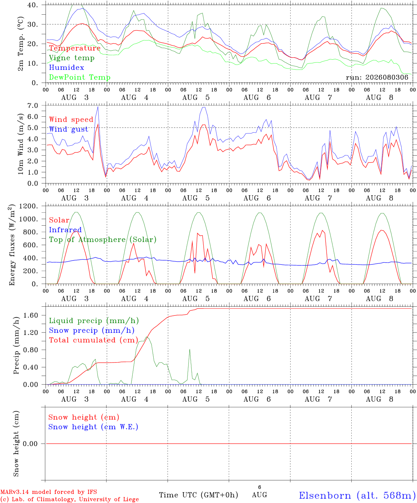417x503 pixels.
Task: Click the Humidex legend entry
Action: coord(66,67)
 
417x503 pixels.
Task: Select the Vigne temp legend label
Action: coord(72,58)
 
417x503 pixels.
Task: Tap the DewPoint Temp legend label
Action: coord(80,77)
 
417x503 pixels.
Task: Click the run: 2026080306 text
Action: coord(377,77)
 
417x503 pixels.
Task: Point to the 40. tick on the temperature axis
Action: coord(32,5)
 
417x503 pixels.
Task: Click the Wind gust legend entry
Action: coord(69,129)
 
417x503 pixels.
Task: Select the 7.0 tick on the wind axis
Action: coord(33,105)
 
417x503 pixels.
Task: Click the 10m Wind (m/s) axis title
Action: coord(21,144)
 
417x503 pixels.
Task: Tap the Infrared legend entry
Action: coord(65,229)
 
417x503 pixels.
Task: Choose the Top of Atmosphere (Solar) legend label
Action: coord(103,240)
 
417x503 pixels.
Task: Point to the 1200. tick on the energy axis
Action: coord(29,206)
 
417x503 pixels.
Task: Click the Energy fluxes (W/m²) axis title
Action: coord(12,245)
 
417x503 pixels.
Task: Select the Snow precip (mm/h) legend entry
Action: coord(92,330)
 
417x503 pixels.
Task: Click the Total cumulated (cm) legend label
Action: coord(94,340)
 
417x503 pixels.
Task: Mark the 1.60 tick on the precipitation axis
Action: coord(31,315)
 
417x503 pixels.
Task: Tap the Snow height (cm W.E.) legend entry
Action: coord(93,427)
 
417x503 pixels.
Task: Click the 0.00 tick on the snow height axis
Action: coord(30,444)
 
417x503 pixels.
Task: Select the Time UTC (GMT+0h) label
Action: coord(198,495)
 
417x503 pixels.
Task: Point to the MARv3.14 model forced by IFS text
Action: coord(49,492)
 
